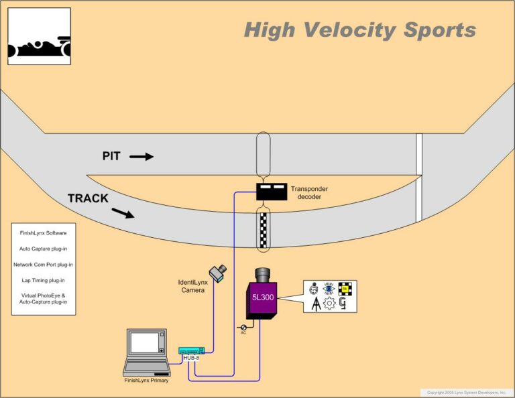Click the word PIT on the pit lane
tap(111, 156)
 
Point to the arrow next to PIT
tap(141, 157)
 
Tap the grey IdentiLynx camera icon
tap(217, 271)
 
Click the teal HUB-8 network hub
tap(192, 350)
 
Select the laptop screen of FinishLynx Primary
tap(148, 343)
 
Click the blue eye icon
tap(329, 289)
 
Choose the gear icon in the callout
tap(329, 304)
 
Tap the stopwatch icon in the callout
tap(314, 289)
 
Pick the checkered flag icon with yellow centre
tap(345, 288)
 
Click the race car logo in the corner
tap(39, 36)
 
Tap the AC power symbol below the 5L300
tap(243, 327)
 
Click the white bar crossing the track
tap(418, 178)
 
